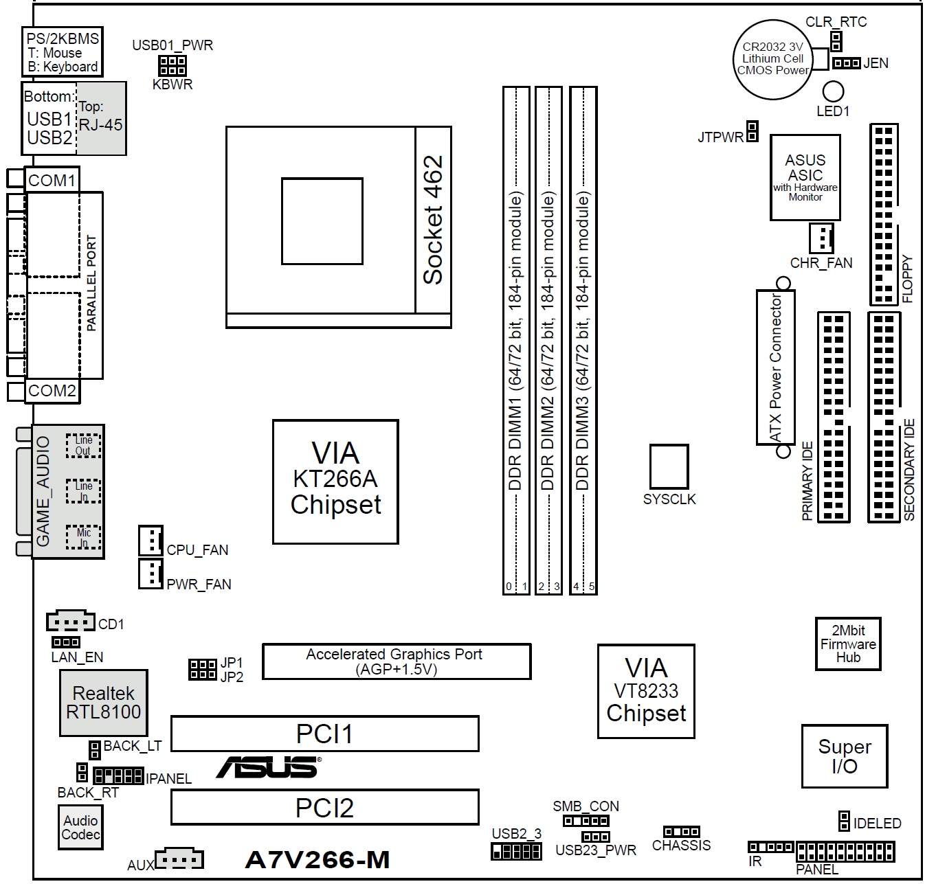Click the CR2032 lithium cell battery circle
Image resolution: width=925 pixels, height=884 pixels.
(772, 59)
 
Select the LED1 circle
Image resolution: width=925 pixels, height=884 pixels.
(833, 91)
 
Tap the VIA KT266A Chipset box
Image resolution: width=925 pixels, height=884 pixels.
(335, 481)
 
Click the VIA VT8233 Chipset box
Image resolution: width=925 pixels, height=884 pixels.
(646, 691)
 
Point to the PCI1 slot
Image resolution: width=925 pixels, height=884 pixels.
(324, 734)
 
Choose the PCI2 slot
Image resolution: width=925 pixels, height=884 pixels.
(324, 807)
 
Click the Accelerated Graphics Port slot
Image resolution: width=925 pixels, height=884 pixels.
(397, 661)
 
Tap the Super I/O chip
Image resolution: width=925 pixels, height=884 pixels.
(844, 756)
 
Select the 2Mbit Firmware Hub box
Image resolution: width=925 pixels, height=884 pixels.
(848, 644)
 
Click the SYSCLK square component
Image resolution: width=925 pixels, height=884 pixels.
(669, 466)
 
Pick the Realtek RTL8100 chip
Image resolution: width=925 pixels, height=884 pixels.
(104, 703)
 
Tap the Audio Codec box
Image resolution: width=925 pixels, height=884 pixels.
(80, 827)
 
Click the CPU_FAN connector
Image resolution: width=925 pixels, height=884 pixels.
(151, 540)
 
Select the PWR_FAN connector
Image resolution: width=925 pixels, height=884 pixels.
(151, 574)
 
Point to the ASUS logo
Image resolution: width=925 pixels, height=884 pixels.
(269, 768)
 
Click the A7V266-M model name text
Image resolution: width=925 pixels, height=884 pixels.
(317, 859)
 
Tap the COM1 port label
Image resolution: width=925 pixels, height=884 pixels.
(52, 181)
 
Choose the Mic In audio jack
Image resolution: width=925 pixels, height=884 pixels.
(83, 537)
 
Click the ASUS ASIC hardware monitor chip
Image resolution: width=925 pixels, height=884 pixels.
(805, 177)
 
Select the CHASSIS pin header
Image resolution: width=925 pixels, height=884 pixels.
(681, 831)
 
